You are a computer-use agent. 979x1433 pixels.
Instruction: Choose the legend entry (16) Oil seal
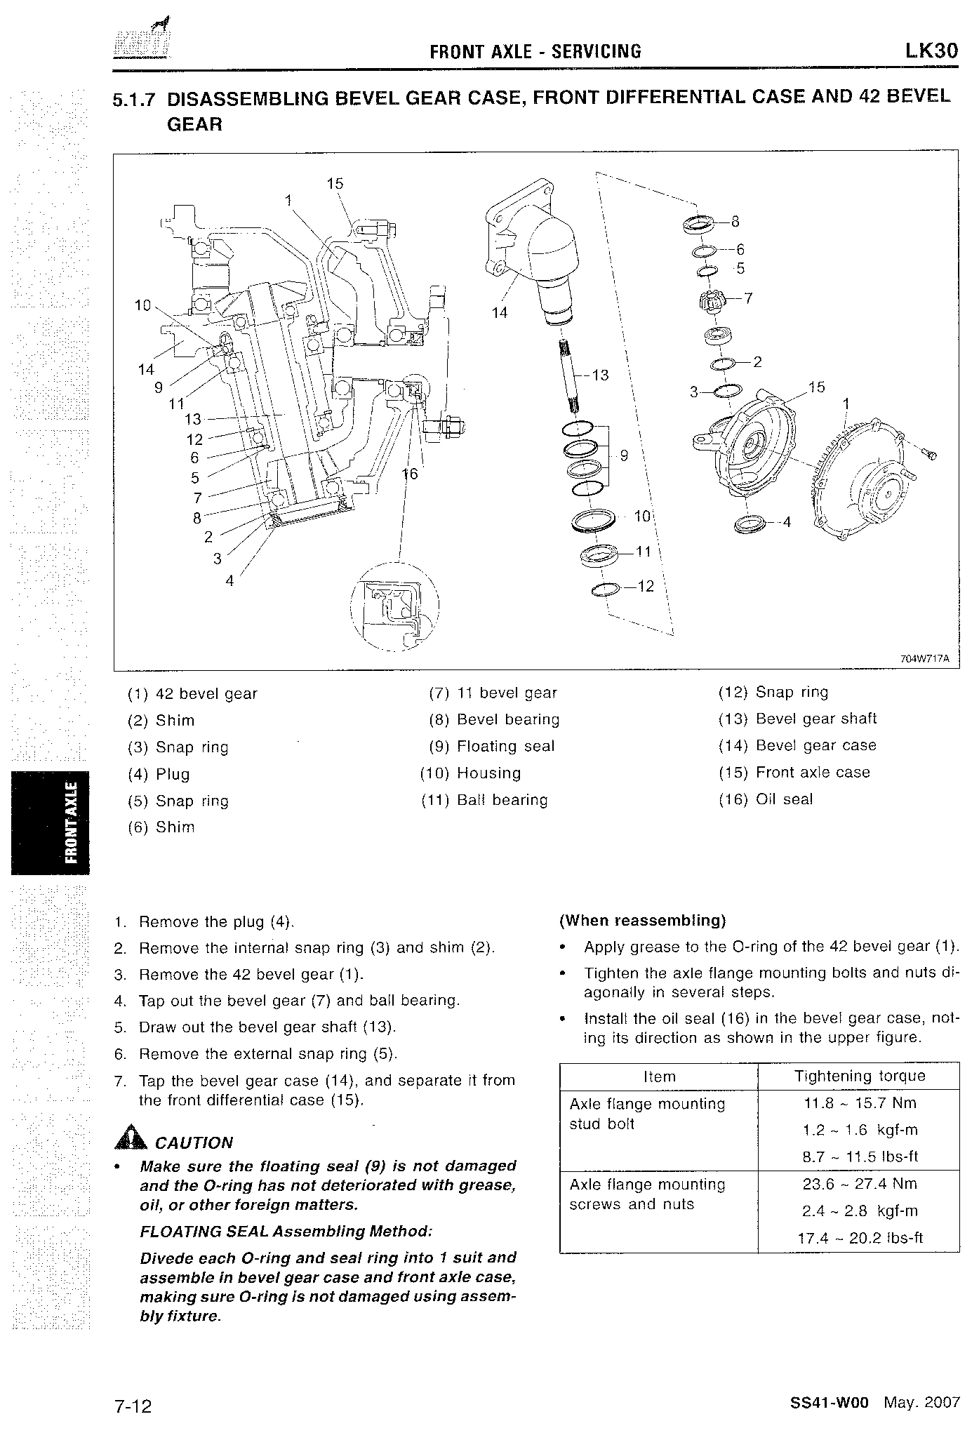tap(766, 799)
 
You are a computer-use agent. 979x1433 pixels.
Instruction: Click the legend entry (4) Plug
tap(159, 774)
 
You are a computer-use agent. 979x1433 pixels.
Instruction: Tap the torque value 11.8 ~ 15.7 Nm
tap(860, 1103)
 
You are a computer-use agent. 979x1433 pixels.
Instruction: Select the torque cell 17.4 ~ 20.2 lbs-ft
tap(860, 1238)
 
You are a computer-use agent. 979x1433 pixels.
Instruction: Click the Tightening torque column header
tap(859, 1077)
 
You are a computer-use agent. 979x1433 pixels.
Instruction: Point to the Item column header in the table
tap(659, 1077)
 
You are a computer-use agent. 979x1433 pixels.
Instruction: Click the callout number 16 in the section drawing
tap(410, 474)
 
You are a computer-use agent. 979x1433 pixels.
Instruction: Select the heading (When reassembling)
tap(642, 920)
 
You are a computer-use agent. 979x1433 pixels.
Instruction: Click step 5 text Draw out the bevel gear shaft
tap(267, 1027)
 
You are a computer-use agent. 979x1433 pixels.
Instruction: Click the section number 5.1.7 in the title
tap(133, 100)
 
